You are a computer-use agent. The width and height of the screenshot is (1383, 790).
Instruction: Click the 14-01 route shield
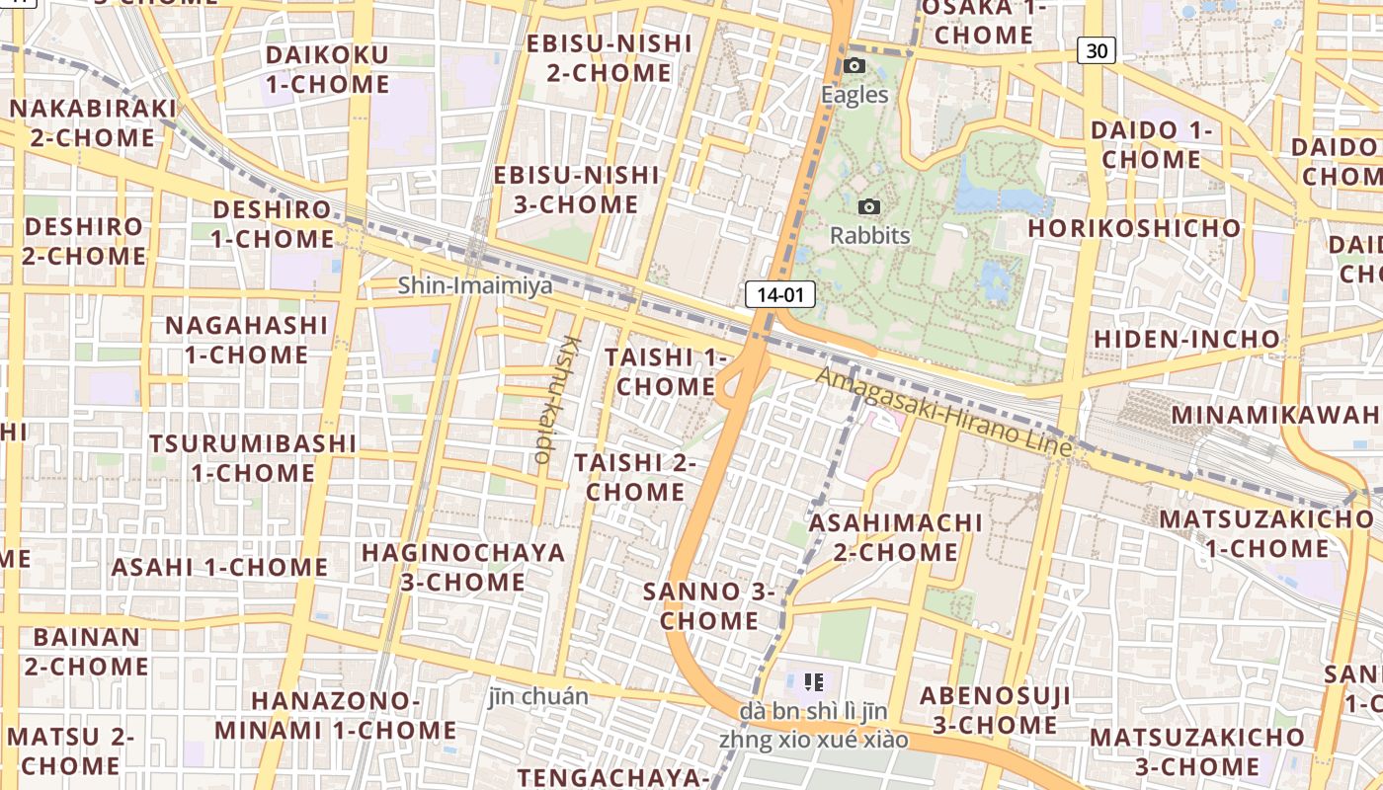click(779, 293)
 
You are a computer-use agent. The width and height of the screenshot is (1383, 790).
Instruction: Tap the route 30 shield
click(1097, 50)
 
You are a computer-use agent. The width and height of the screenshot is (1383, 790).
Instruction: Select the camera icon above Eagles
click(854, 66)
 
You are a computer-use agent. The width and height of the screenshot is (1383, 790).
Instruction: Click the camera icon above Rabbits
click(869, 206)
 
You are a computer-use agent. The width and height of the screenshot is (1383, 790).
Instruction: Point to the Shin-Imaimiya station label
click(475, 286)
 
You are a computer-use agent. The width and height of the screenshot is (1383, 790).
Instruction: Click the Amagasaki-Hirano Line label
click(943, 412)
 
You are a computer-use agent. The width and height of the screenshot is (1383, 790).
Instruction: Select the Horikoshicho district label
click(1134, 228)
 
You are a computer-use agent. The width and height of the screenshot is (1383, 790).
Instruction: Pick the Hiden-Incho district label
click(1186, 340)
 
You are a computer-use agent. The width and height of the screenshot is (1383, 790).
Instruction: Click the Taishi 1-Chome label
click(665, 371)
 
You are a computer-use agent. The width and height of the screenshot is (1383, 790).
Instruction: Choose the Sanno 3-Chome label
click(709, 606)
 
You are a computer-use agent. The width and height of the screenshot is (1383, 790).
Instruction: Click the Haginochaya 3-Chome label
click(463, 567)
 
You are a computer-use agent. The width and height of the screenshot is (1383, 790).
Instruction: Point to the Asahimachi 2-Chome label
click(896, 537)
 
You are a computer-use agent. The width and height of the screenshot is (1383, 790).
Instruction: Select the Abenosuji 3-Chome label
click(995, 710)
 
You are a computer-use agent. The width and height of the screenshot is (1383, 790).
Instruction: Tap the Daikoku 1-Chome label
click(327, 69)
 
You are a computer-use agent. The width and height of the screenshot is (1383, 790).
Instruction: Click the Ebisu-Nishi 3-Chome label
click(576, 190)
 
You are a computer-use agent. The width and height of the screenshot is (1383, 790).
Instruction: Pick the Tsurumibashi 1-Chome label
click(253, 457)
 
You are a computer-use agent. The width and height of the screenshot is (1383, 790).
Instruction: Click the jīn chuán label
click(538, 696)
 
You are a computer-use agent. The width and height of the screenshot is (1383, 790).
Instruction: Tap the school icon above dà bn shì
click(814, 681)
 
